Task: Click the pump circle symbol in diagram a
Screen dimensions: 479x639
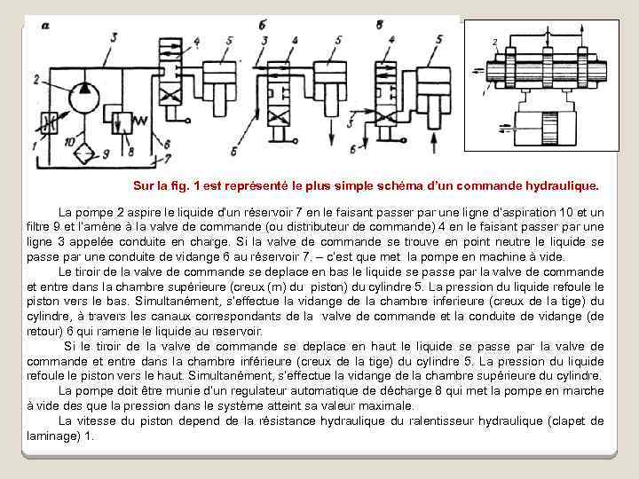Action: click(83, 88)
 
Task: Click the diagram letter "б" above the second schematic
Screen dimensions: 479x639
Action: click(263, 26)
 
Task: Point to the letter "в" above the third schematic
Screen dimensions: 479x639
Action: click(379, 26)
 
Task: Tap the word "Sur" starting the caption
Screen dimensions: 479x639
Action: click(143, 187)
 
